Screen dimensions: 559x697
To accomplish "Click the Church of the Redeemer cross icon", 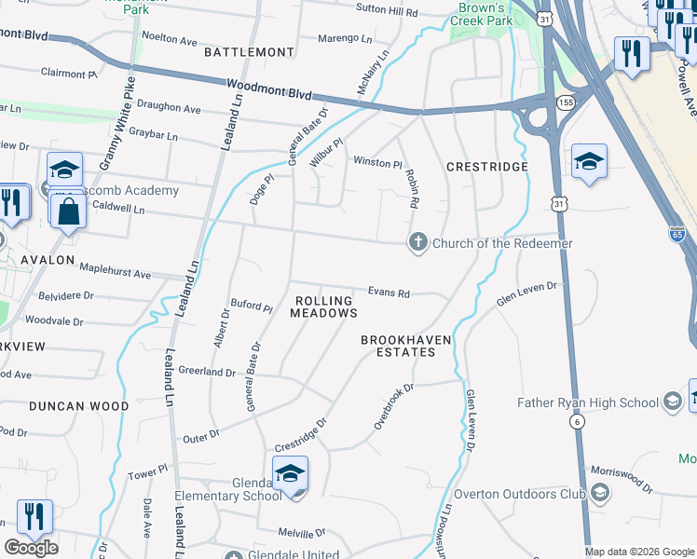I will point(417,243).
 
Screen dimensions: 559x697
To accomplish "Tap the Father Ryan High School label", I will point(588,402).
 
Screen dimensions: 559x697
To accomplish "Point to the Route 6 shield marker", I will point(579,422).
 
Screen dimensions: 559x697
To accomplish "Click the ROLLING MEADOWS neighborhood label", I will point(324,307).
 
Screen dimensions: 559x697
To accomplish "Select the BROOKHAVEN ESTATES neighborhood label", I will point(399,346).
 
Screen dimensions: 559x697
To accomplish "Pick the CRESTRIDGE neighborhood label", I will point(486,167).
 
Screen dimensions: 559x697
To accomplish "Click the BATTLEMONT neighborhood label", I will point(242,52).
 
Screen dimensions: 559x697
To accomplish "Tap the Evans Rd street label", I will point(389,293).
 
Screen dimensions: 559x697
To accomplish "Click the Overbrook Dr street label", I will point(393,406).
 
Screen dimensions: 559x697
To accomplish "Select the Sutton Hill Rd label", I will point(387,10).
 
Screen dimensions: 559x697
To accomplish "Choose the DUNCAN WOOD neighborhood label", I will point(78,406).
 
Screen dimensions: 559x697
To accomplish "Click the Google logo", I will point(31,548).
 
